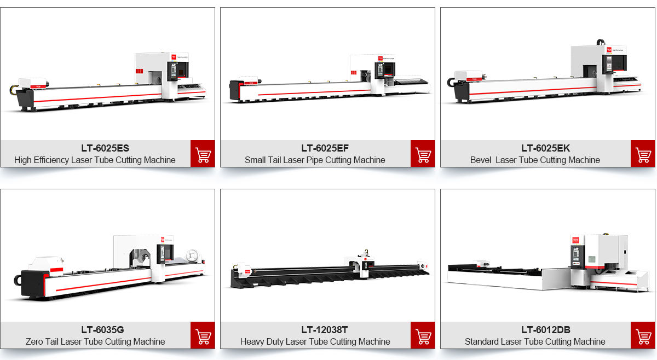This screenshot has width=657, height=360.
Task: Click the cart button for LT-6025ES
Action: tap(203, 154)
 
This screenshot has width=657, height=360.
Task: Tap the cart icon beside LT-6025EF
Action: tap(423, 154)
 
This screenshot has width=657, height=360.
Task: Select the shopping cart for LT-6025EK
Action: tap(643, 154)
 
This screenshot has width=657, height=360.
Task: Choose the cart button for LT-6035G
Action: tap(203, 335)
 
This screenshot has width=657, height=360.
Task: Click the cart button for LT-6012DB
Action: tap(643, 335)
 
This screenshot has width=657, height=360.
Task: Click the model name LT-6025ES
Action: tap(105, 148)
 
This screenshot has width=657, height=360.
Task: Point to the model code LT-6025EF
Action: tap(325, 148)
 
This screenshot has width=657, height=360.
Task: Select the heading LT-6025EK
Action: tap(545, 148)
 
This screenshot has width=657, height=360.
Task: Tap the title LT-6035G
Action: tap(102, 330)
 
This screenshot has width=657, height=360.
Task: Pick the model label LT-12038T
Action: tap(324, 330)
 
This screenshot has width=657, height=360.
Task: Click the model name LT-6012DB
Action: tap(545, 330)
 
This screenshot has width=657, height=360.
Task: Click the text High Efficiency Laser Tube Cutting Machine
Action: tap(95, 160)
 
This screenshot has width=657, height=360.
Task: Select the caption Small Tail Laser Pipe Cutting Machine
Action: tap(315, 160)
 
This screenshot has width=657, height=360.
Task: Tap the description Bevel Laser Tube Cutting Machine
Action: tap(535, 160)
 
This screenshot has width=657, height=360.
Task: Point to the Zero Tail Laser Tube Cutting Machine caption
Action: tap(95, 342)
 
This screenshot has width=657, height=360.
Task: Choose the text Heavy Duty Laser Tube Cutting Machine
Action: tap(315, 342)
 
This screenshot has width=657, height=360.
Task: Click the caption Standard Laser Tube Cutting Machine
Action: tap(535, 342)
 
